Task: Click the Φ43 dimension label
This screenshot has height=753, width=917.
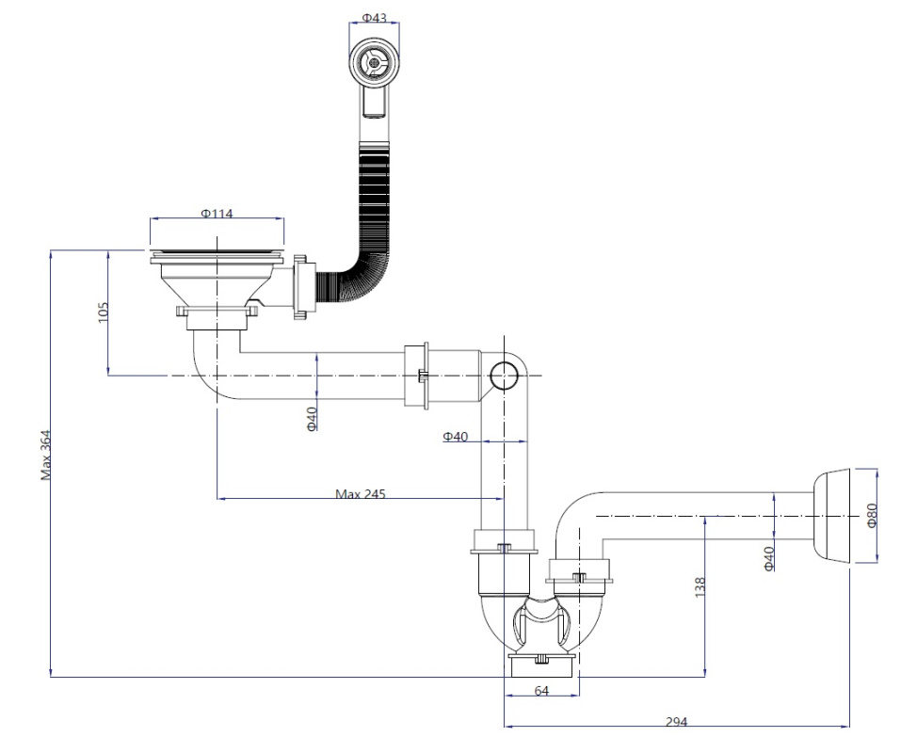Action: point(375,18)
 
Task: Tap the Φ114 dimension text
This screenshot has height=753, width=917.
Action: point(217,214)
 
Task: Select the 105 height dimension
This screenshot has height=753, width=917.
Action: point(103,312)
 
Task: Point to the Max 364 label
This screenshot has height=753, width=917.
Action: point(46,456)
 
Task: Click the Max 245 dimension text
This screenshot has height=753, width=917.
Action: point(361,494)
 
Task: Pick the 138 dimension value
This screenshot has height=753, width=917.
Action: point(700,587)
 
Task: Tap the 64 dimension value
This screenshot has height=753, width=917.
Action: point(541,691)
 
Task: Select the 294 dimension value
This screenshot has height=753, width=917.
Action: point(676,722)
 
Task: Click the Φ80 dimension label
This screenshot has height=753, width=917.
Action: point(872,515)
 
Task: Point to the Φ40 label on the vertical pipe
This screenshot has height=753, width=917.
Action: point(456,437)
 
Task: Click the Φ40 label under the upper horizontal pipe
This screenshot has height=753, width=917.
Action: point(312,419)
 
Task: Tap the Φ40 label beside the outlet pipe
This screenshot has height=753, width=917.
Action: point(769,558)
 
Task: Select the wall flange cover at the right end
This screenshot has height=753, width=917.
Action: point(831,515)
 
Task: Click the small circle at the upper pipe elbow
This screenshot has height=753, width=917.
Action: point(504,376)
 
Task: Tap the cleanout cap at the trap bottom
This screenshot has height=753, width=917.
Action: point(541,665)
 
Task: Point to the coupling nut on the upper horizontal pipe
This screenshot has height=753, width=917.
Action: point(417,376)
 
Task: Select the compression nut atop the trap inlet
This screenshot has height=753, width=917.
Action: point(504,541)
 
